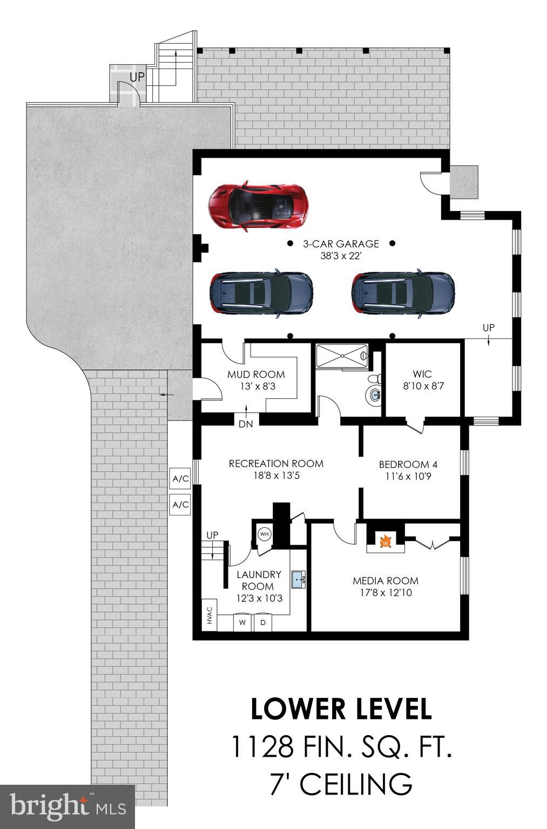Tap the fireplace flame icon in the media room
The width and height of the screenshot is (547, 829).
pos(385,541)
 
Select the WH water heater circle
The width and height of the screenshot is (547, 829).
pos(264,534)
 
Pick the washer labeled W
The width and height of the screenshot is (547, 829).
pos(242,622)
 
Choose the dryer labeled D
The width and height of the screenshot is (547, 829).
pos(263,622)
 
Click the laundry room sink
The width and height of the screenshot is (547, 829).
pos(298,579)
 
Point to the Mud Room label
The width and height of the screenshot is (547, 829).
pos(255,375)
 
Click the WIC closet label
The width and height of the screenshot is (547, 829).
pos(422,374)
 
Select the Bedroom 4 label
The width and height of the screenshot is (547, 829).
pos(408,464)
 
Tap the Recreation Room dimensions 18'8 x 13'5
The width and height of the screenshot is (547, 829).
pos(276,475)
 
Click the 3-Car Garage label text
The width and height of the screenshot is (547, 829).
pos(340,244)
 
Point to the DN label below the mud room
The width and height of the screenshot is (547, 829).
pos(246,424)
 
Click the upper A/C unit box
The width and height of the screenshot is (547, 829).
pos(181,478)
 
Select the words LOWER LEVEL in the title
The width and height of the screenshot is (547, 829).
pos(341,709)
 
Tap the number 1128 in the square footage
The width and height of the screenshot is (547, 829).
pos(263,747)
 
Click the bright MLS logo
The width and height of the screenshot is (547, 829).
pos(67,806)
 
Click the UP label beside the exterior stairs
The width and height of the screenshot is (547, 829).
pos(137,77)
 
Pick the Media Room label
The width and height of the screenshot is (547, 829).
pos(386,581)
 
